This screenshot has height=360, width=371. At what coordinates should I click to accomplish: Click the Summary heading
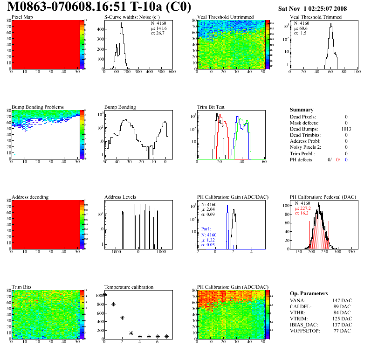302,110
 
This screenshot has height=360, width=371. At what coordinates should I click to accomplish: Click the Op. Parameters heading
309,293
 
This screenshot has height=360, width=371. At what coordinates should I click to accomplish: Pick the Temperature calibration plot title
129,287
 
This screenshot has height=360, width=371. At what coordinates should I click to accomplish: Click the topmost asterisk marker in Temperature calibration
105,294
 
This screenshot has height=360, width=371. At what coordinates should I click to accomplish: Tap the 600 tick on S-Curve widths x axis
172,72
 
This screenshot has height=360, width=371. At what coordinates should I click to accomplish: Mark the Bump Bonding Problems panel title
38,107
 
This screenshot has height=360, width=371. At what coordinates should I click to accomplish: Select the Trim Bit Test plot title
211,107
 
